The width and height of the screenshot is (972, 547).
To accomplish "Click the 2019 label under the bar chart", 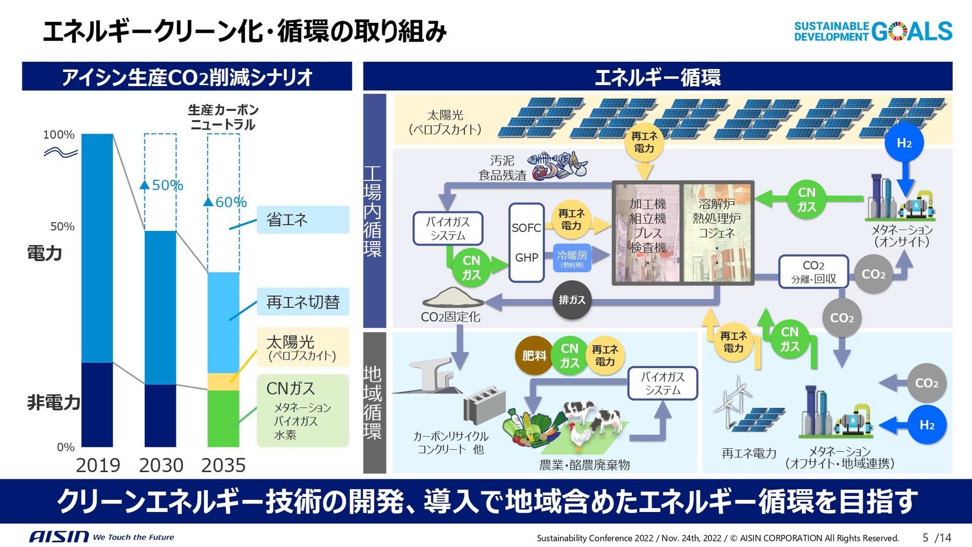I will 98,465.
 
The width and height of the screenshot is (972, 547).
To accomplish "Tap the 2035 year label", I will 223,465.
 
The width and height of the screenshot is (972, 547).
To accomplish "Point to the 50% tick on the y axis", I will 62,226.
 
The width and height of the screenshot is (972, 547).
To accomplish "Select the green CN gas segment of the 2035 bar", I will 223,418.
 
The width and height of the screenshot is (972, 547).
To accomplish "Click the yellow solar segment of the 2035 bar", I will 223,381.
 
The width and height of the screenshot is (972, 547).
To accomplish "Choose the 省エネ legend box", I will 303,219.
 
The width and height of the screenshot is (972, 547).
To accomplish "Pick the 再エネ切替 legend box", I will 303,302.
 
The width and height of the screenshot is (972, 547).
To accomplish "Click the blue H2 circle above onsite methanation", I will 904,143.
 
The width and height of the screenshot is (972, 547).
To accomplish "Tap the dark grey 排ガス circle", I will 572,300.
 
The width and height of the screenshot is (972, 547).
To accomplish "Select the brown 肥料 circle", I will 534,356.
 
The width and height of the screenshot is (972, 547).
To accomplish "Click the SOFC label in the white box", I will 526,228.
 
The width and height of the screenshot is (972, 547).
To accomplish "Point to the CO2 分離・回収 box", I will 813,271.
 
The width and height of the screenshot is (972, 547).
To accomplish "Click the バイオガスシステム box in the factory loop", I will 448,228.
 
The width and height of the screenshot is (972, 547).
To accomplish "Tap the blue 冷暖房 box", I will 572,258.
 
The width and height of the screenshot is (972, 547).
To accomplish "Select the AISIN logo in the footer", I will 59,537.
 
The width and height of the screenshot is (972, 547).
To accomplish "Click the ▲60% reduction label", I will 225,202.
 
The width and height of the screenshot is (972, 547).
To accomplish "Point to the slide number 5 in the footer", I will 925,537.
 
